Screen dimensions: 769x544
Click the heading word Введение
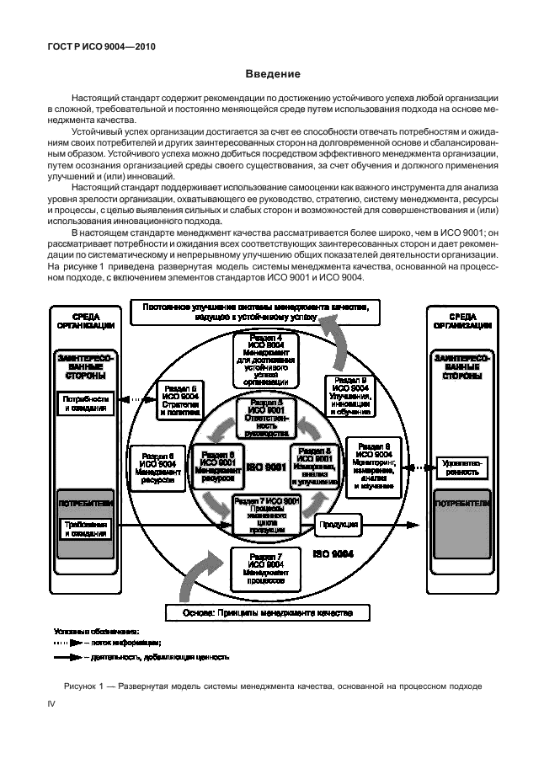[272, 73]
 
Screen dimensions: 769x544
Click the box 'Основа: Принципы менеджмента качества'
[269, 611]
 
